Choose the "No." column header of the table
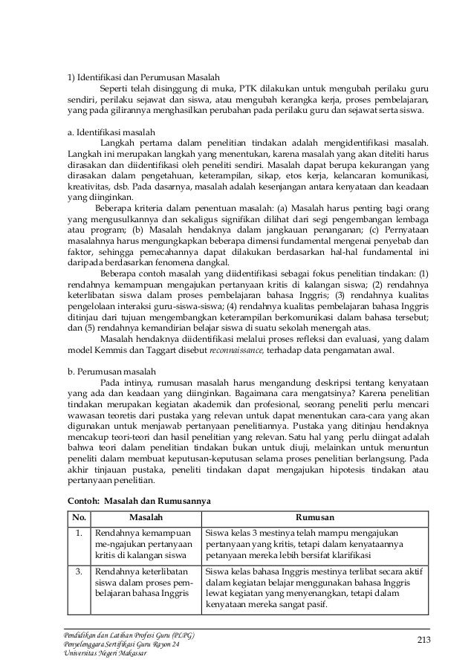(77, 517)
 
